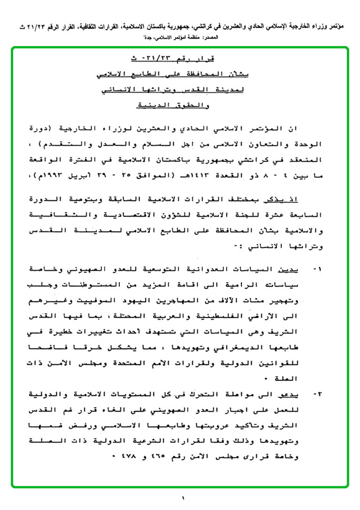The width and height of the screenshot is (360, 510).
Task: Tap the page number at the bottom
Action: (183, 498)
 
